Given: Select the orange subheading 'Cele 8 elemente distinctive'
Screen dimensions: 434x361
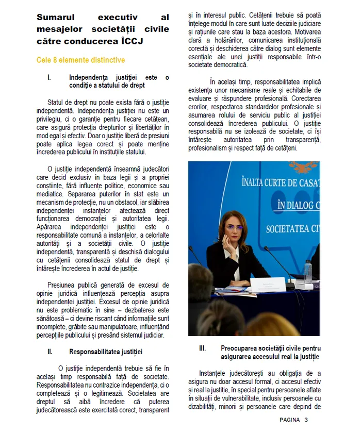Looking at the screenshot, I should pos(80,60).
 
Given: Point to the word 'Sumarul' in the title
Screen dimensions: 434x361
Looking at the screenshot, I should pos(55,18).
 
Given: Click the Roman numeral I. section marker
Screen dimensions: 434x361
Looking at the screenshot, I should pos(49,78).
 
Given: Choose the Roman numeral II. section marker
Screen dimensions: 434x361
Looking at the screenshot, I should pos(50,352).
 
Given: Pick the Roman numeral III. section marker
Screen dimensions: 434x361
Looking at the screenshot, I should pos(203,348).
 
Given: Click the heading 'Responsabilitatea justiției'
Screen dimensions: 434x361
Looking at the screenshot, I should pos(106,352).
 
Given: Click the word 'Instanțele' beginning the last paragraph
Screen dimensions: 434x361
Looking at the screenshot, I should pos(215,373).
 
